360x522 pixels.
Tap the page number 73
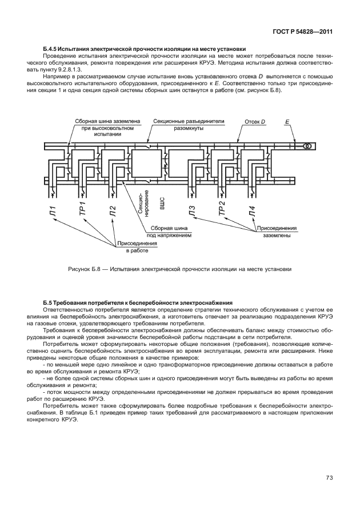click(x=329, y=477)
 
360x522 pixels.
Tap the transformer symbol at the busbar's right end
click(x=307, y=146)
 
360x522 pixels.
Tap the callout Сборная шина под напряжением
click(x=169, y=231)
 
